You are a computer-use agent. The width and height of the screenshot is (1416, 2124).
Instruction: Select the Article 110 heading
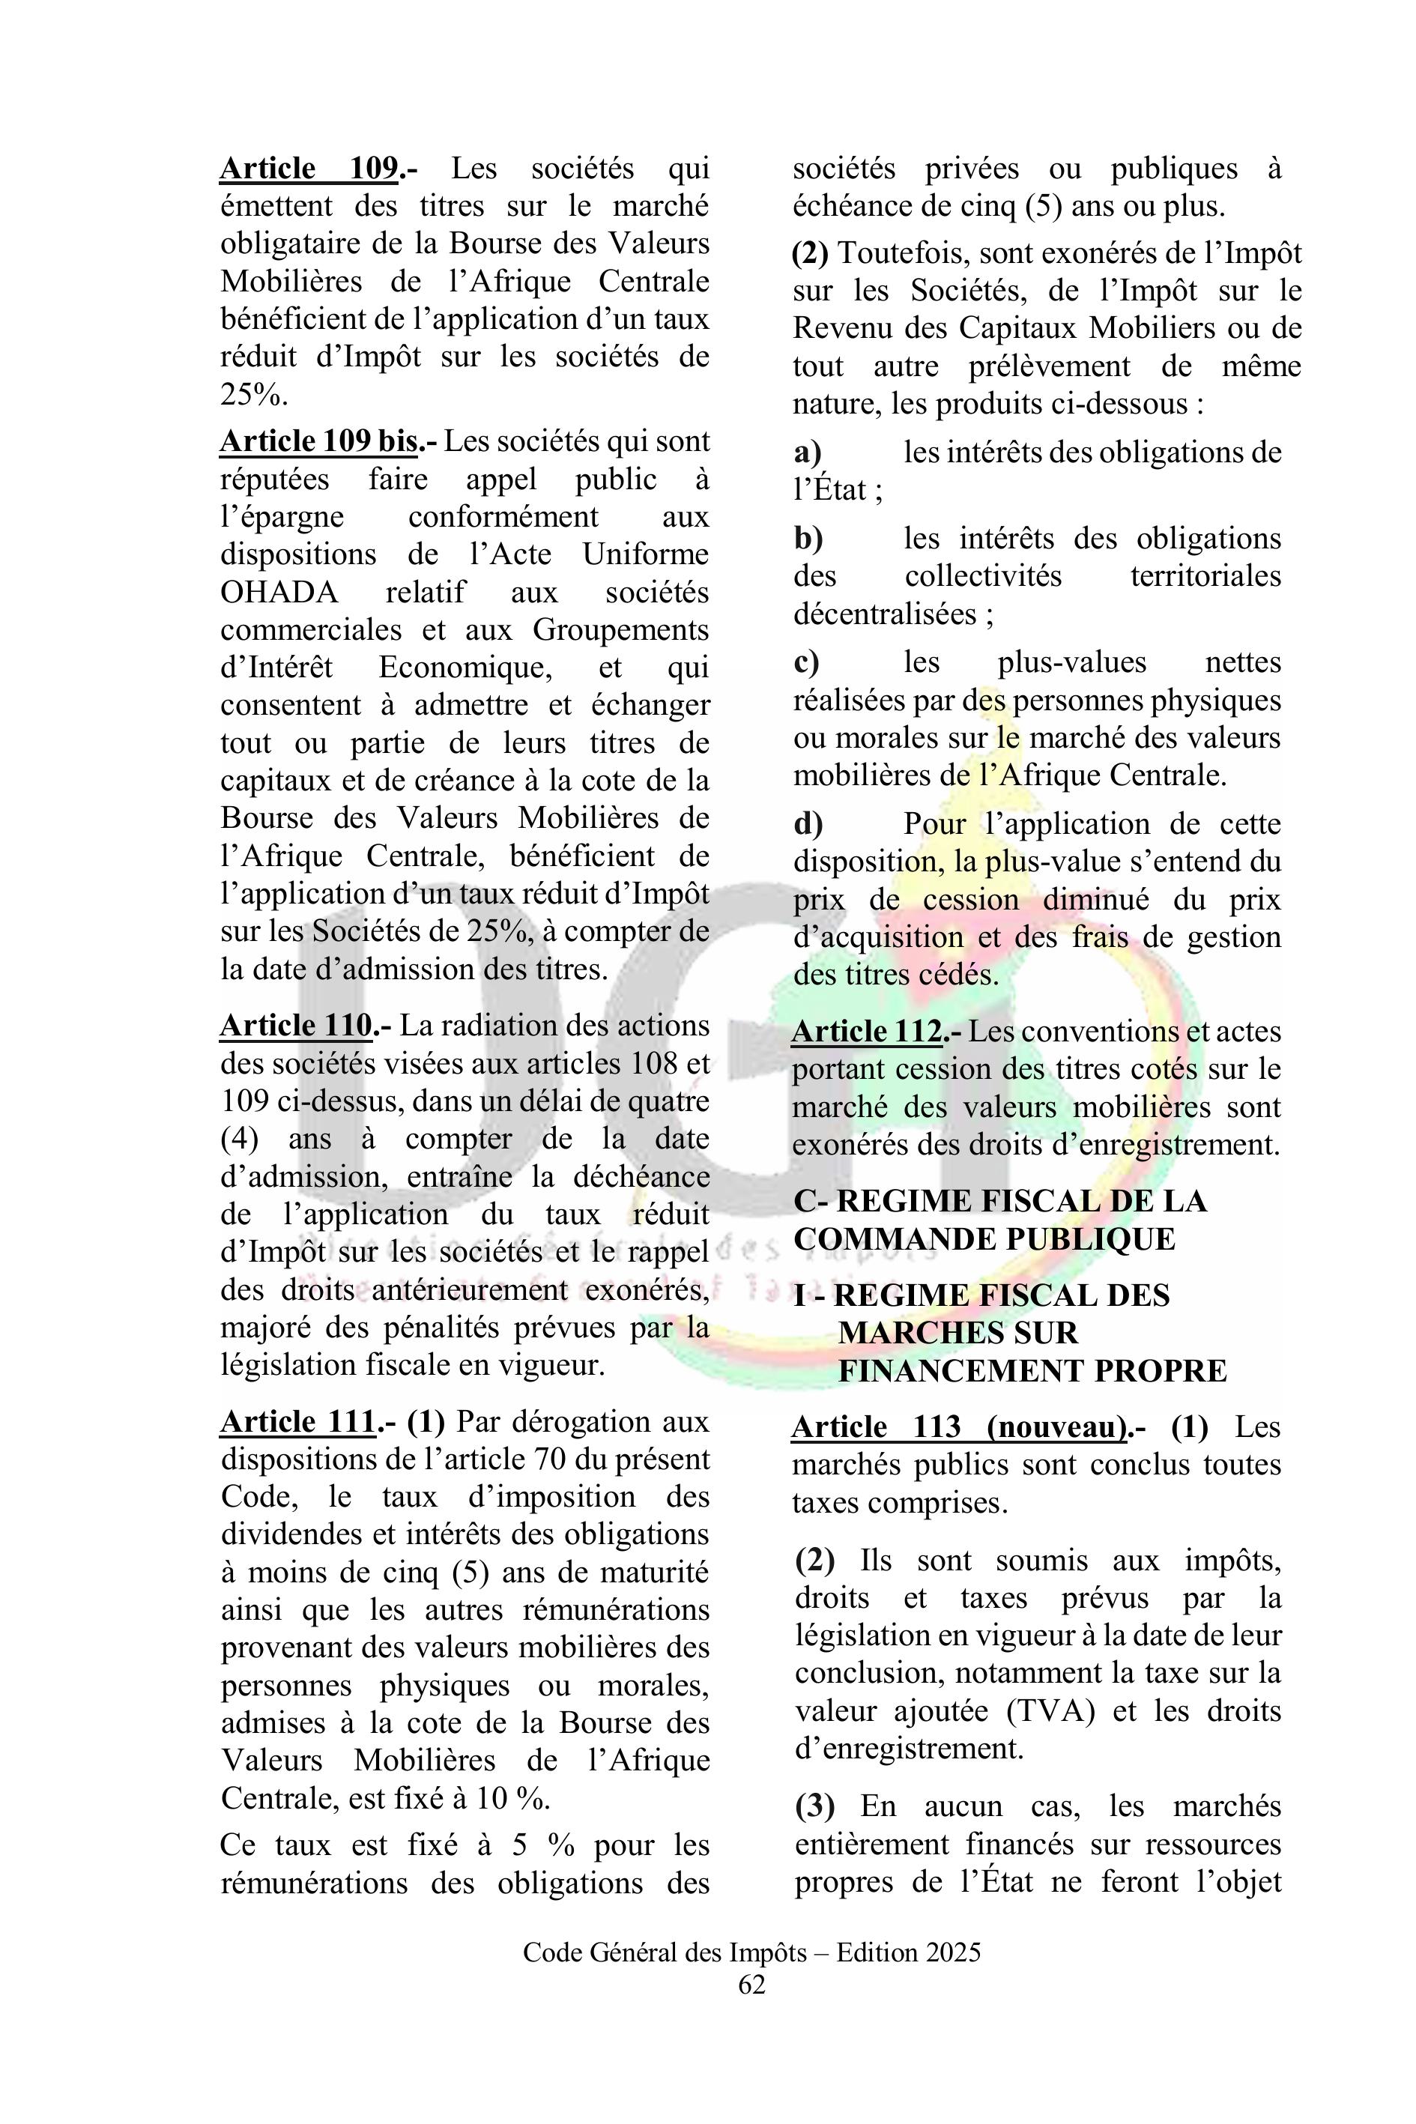tap(296, 1025)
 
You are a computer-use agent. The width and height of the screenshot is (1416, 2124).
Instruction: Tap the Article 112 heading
tap(867, 1032)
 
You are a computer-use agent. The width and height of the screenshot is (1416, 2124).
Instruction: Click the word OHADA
tap(279, 593)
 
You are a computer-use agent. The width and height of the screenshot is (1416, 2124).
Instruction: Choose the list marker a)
tap(808, 453)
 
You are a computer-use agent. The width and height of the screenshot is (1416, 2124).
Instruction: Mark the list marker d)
tap(808, 823)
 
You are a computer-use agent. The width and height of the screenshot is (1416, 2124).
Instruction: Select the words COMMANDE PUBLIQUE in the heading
tap(984, 1239)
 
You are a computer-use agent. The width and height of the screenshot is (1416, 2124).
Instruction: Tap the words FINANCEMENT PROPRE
tap(1032, 1371)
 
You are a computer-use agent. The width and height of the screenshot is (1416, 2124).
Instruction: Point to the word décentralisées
tap(884, 614)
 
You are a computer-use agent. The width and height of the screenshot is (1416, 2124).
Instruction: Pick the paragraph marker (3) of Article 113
tap(814, 1806)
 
